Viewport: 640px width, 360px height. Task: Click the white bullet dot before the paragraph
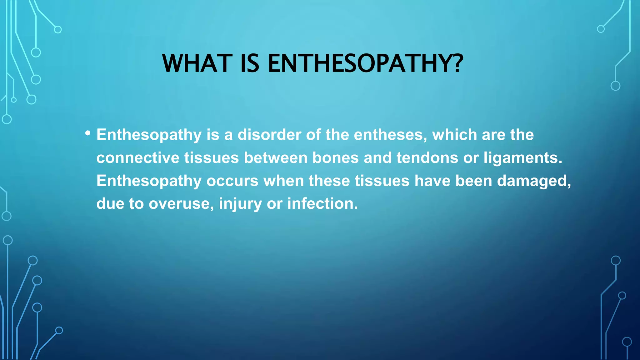tap(88, 133)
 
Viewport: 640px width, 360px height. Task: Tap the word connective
tap(138, 157)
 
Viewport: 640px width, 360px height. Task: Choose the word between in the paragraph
tap(276, 157)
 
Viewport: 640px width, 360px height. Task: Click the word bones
tap(335, 157)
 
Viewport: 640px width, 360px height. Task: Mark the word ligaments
tap(522, 158)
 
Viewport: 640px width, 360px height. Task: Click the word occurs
tap(232, 181)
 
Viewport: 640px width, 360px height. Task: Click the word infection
tap(322, 203)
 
